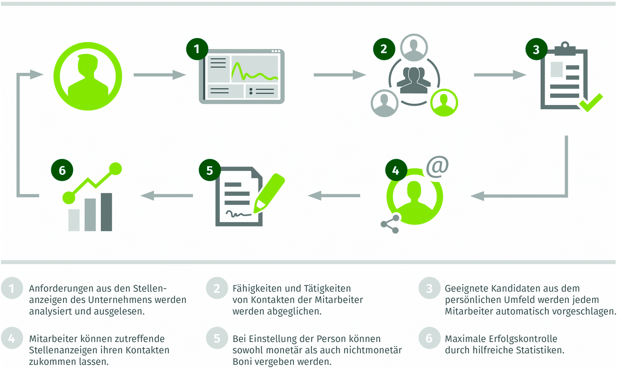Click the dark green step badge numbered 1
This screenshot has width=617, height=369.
click(x=197, y=49)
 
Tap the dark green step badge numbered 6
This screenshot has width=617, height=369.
click(x=62, y=170)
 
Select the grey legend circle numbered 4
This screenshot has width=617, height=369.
click(x=11, y=338)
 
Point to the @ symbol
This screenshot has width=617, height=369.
click(x=437, y=166)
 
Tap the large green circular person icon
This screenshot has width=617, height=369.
click(x=88, y=76)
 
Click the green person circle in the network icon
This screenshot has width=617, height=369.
click(x=444, y=102)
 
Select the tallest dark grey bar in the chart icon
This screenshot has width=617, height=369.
click(x=106, y=212)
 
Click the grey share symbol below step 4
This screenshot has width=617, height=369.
click(x=390, y=224)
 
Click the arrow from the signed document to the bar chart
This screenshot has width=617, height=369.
click(x=167, y=196)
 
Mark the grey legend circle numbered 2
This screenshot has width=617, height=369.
click(x=217, y=288)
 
